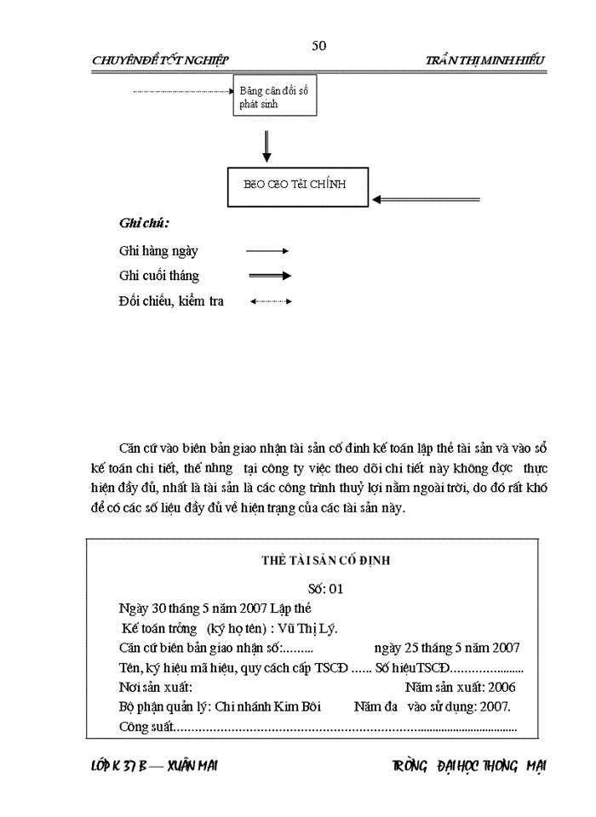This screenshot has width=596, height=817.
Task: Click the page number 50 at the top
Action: (x=319, y=45)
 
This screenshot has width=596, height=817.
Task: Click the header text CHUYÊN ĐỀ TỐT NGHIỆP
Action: (x=161, y=60)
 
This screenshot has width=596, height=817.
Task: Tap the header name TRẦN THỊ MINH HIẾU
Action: (x=485, y=60)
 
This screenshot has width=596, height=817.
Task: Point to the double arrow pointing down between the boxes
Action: (x=267, y=146)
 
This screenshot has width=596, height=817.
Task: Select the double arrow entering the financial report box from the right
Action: (x=426, y=199)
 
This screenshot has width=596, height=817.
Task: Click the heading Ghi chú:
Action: (x=144, y=224)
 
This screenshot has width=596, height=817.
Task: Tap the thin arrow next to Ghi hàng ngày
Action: (x=267, y=251)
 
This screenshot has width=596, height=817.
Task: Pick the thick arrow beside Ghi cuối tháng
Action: (x=269, y=276)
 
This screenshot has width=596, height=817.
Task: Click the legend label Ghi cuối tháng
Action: (x=159, y=276)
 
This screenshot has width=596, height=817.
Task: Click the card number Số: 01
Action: (x=326, y=587)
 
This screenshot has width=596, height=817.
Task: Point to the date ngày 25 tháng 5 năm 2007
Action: (x=447, y=648)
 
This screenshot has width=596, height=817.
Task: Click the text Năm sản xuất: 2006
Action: (x=460, y=687)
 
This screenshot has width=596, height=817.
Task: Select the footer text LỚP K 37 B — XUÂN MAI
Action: (x=154, y=766)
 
